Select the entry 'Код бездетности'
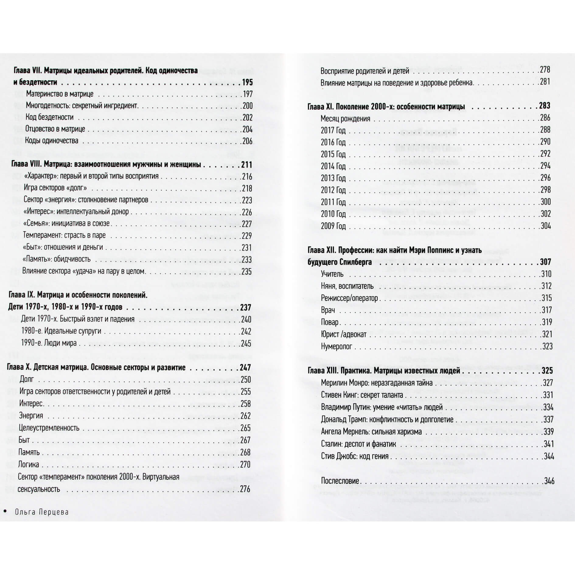pyautogui.click(x=50, y=117)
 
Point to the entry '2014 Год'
pyautogui.click(x=333, y=166)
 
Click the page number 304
pyautogui.click(x=545, y=226)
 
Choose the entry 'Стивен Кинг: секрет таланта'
pyautogui.click(x=362, y=395)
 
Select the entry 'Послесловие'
pyautogui.click(x=340, y=481)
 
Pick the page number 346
pyautogui.click(x=549, y=481)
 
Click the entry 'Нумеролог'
pyautogui.click(x=336, y=347)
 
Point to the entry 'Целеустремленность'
pyautogui.click(x=49, y=428)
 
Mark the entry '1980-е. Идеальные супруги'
pyautogui.click(x=61, y=331)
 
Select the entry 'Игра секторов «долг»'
pyautogui.click(x=55, y=188)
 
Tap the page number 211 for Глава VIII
pyautogui.click(x=246, y=165)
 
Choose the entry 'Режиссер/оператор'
pyautogui.click(x=349, y=298)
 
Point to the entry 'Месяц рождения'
pyautogui.click(x=345, y=119)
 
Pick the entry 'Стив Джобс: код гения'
pyautogui.click(x=354, y=456)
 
